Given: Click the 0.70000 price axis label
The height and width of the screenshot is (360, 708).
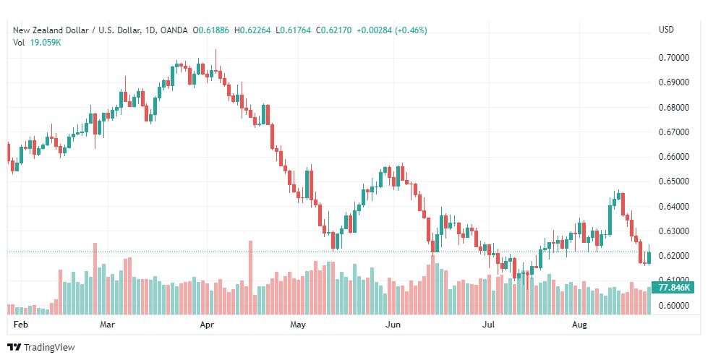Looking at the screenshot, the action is tap(673, 58).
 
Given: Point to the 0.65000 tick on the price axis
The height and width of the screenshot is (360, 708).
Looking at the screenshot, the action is tap(673, 181).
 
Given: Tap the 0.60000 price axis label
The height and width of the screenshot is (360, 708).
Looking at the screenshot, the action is tap(673, 306).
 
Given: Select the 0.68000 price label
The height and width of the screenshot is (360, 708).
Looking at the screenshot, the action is tap(673, 108).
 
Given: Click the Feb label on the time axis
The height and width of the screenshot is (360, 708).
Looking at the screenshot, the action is tap(21, 325).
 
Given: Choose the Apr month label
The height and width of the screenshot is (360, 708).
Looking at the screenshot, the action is tap(207, 325).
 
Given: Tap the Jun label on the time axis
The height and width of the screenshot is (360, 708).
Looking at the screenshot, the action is tap(393, 325).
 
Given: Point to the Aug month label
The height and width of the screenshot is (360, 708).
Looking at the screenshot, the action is tap(579, 325).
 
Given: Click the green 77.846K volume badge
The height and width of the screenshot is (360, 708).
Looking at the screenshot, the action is tap(673, 288).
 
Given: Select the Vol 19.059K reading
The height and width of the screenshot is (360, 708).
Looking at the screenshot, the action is tap(37, 43).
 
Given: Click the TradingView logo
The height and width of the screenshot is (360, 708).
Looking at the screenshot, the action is tap(41, 348).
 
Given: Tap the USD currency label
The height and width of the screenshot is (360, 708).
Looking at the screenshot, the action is tap(666, 30).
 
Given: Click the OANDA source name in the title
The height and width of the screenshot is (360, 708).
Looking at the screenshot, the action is tap(174, 30).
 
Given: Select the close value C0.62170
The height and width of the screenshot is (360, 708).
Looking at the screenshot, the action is tap(333, 30).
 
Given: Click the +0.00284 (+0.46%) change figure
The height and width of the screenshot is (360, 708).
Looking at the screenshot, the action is tap(392, 30).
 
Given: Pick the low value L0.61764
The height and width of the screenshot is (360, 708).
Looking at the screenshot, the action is tap(293, 30).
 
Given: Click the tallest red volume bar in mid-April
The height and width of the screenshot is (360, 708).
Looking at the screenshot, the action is tap(251, 278).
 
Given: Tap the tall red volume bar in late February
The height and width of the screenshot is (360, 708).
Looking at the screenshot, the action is tap(95, 279).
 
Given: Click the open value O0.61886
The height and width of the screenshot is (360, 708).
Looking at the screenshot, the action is tap(211, 30).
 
